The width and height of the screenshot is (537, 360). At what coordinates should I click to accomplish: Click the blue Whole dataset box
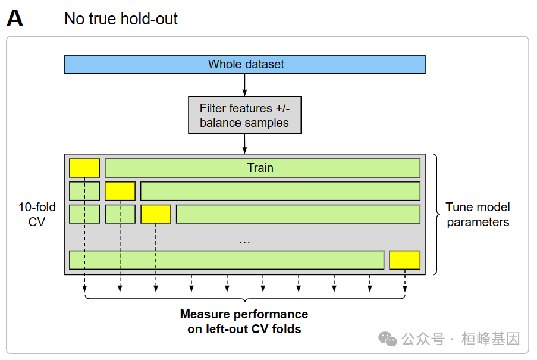coord(244,64)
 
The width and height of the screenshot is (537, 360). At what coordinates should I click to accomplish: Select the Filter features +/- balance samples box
coord(244,115)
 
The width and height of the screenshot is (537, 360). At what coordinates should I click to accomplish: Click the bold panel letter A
coord(15,18)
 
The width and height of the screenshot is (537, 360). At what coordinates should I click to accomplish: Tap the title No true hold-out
coord(121,18)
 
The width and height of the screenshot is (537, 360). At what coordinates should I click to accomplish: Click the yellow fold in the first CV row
coord(84,168)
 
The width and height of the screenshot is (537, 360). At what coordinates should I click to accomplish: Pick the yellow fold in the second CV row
coord(120,191)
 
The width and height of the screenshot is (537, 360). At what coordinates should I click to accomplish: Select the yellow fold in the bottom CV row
coord(404,260)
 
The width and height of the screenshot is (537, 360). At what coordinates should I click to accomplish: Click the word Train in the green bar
coord(260,168)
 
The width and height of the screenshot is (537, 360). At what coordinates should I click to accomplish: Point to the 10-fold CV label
coord(37,214)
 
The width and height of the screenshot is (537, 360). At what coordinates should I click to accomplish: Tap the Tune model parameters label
coord(478,214)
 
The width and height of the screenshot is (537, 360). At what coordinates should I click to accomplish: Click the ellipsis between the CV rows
coord(244,241)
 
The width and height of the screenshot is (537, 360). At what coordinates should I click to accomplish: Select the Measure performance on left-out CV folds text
coord(244,321)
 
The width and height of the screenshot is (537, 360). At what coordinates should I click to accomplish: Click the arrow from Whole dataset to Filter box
coord(244,85)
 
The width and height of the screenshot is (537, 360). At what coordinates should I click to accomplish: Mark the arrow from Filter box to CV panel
coord(244,143)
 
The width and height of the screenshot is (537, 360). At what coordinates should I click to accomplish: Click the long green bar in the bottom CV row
coord(226,260)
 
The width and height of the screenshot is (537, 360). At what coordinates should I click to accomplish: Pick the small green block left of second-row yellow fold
coord(84,191)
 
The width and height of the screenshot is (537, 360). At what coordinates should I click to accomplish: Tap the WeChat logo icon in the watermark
coord(388,339)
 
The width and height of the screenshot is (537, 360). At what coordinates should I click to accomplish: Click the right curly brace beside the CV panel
coord(436,214)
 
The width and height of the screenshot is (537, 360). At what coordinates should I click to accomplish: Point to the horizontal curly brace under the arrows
coord(244,298)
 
